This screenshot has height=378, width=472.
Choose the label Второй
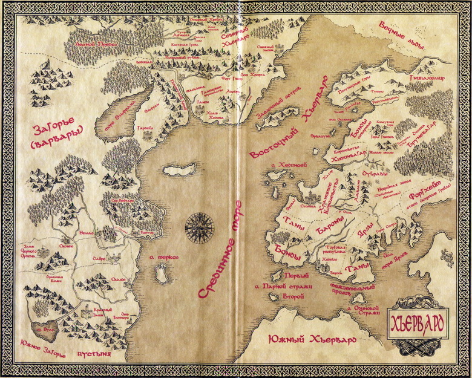[293, 297]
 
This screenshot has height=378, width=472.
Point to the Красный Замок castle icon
[97, 312]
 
